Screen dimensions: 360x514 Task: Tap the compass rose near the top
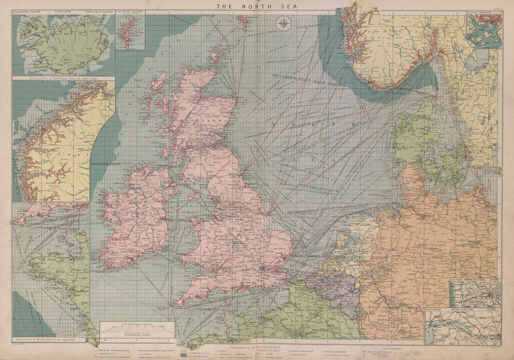pyautogui.click(x=283, y=23)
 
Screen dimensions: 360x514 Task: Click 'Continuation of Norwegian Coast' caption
pyautogui.click(x=63, y=79)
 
